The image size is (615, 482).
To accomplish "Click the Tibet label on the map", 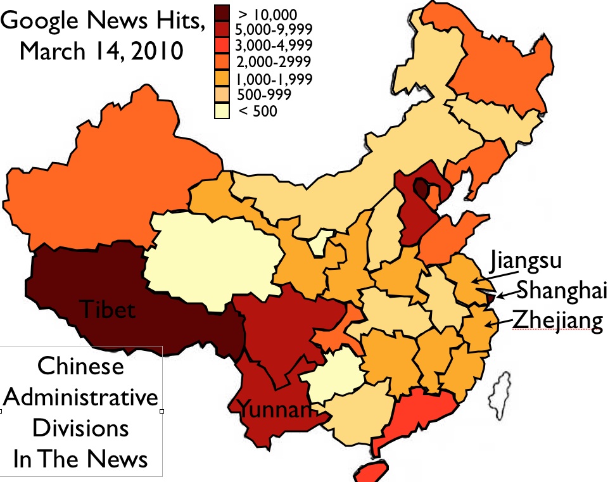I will pos(107,310).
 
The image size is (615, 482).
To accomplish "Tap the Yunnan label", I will pos(275,410).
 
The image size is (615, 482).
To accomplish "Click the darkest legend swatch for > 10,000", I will pos(224,13).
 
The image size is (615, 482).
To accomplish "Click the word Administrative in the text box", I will pos(81,398).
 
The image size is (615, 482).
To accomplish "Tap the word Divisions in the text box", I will pos(80,428).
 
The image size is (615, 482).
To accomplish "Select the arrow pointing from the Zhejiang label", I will pos(499,324).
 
